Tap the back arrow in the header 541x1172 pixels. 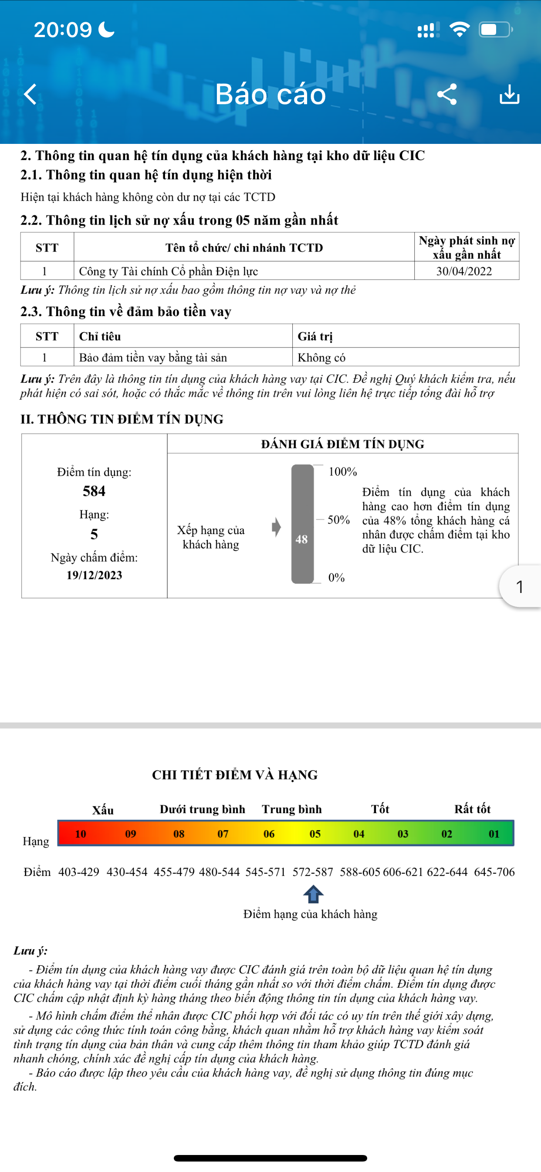point(30,95)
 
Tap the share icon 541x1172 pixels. point(446,95)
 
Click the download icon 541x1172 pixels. point(509,95)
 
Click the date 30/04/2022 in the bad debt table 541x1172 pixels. point(464,271)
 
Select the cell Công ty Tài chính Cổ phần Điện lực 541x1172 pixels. point(169,271)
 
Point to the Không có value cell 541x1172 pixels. point(321,358)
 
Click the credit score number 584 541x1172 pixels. point(94,491)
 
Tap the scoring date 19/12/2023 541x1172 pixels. point(94,575)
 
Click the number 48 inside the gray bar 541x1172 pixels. point(301,539)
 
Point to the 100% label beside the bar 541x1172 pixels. point(343,472)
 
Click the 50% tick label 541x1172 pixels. point(339,520)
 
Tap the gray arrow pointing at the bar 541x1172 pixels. point(277,527)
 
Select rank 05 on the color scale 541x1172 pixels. point(315,834)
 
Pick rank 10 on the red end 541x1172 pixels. point(81,834)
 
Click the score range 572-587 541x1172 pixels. point(313,872)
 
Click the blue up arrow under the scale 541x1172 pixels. point(313,894)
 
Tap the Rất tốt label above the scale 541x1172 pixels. point(472,809)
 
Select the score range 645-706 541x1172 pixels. point(494,872)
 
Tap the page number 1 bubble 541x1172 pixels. point(520,586)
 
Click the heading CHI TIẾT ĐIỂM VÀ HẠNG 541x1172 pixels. point(235,775)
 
